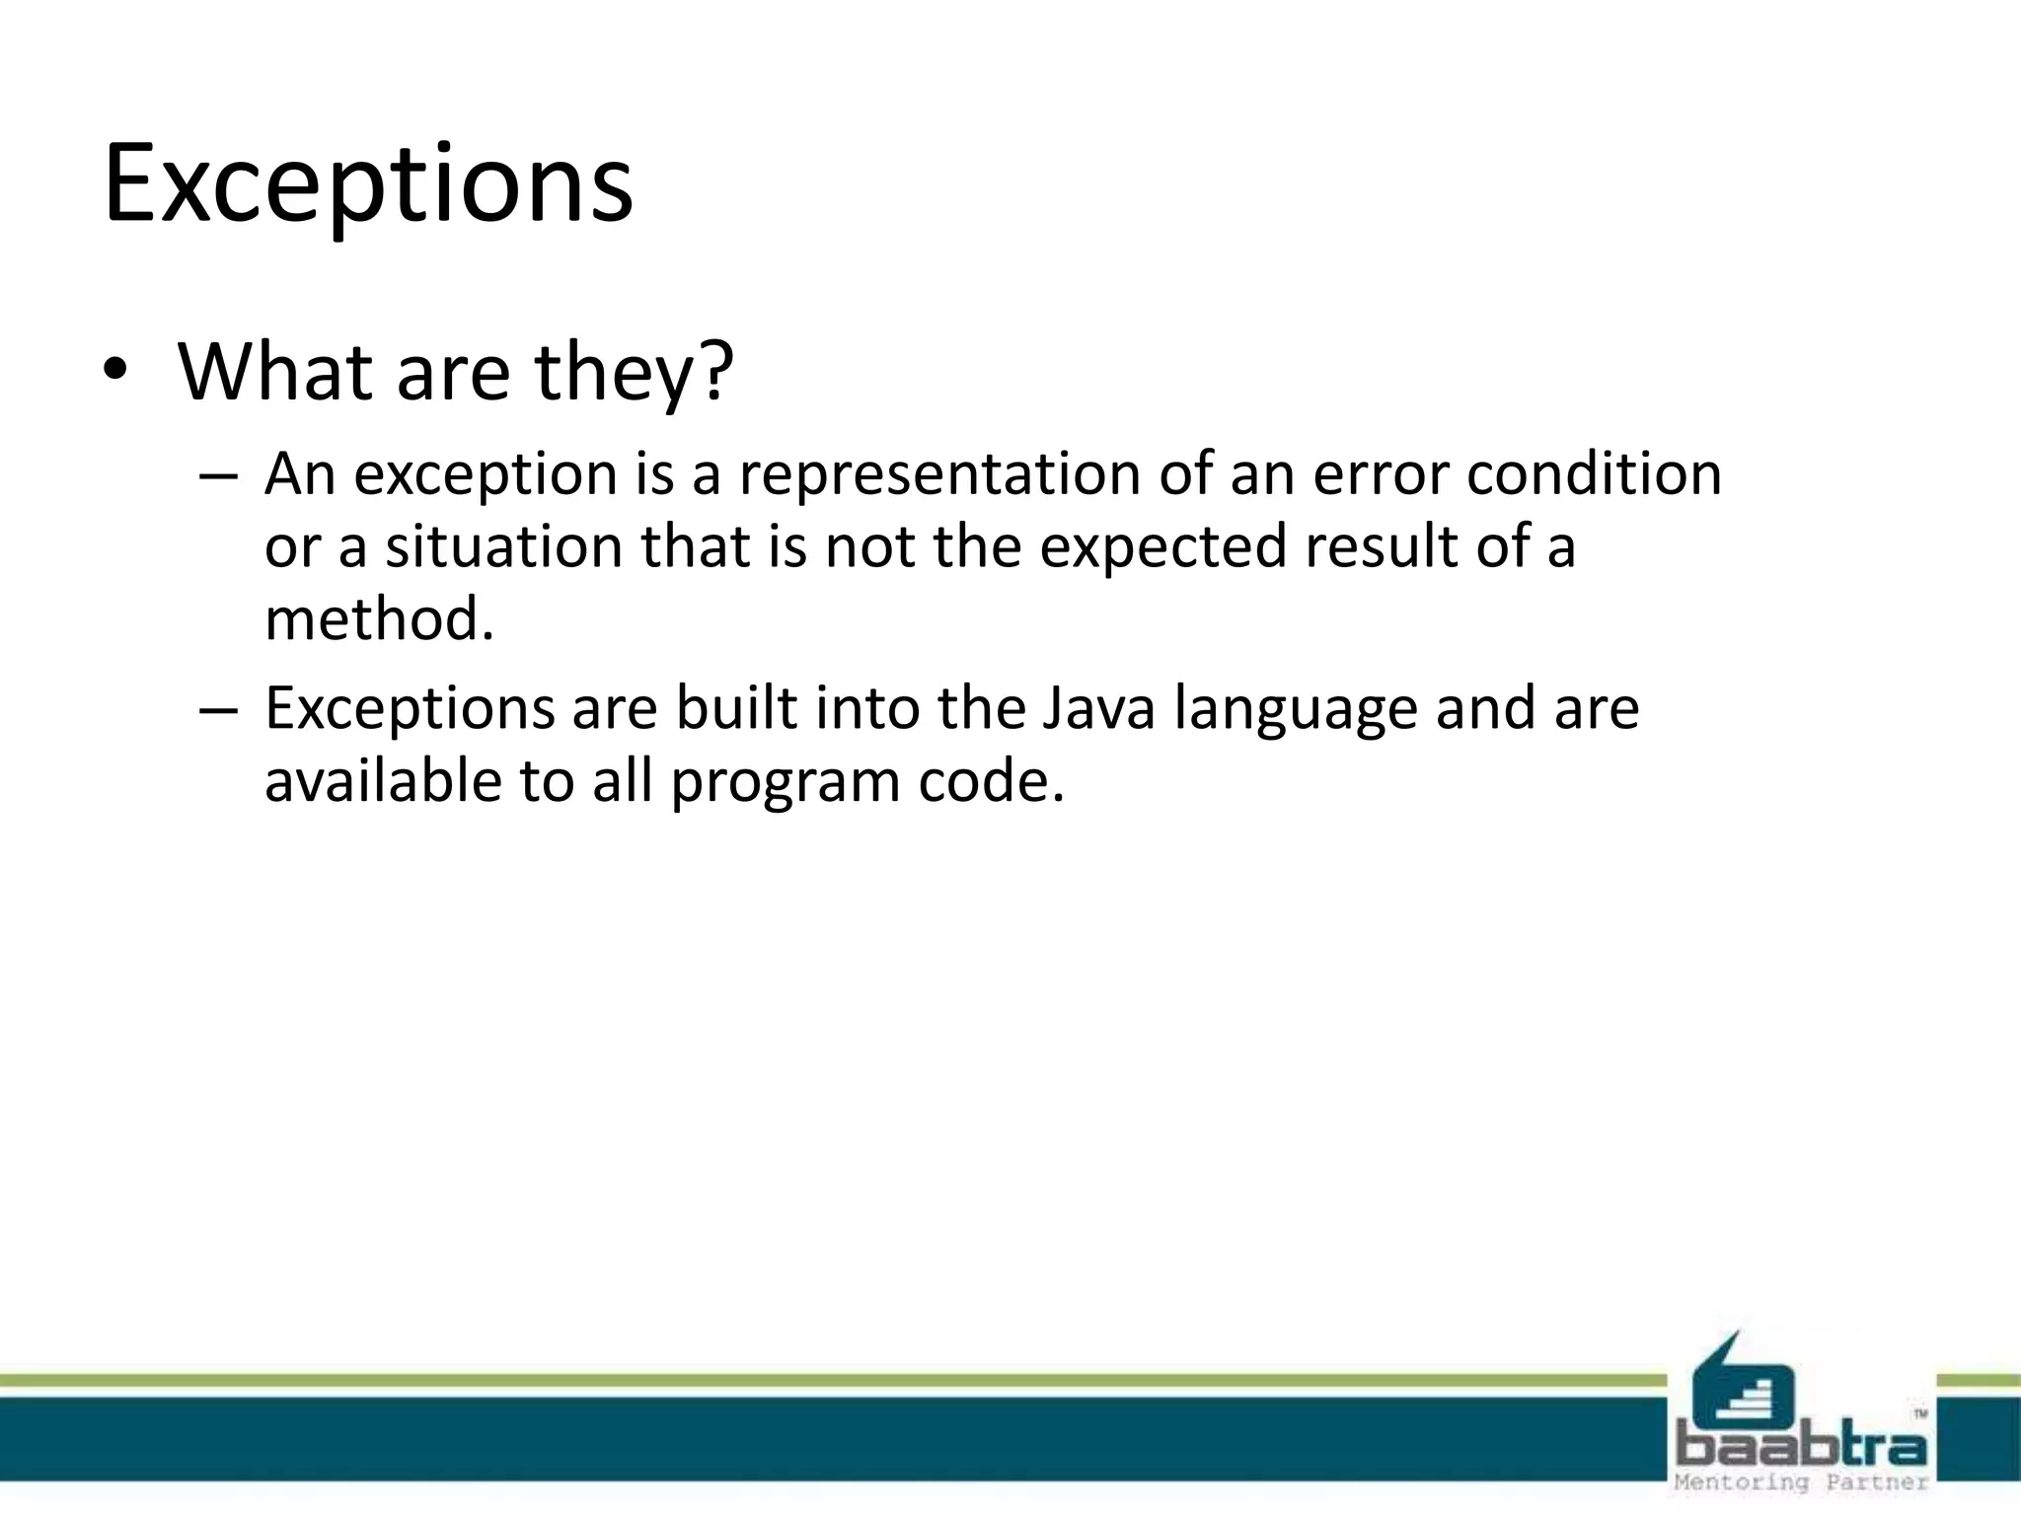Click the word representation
click(x=939, y=474)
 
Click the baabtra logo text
click(x=1801, y=1447)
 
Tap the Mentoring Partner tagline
click(x=1801, y=1482)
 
